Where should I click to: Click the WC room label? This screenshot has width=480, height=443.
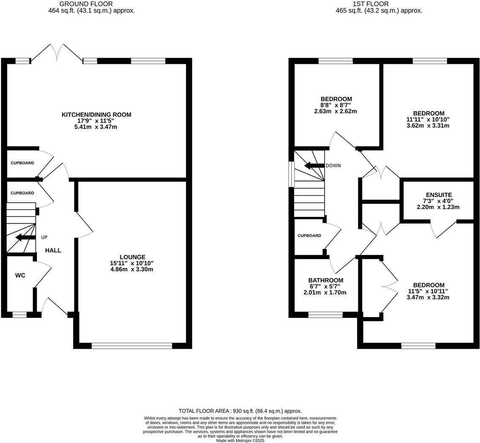coord(20,276)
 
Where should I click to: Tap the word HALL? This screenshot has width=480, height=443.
coord(53,250)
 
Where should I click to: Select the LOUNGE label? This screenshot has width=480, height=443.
coord(132,257)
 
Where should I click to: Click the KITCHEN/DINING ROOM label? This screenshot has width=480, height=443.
coord(96,115)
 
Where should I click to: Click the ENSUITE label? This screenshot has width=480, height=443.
coord(439,195)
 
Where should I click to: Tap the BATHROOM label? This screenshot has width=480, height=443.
coord(325,280)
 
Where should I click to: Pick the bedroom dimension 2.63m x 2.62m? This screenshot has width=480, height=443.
coord(335,111)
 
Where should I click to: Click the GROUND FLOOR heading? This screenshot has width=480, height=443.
coord(92,4)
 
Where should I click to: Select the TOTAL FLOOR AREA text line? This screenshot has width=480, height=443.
coord(240,411)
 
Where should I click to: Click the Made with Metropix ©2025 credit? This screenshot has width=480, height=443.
coord(240,440)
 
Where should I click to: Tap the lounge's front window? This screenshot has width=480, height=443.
coord(132,346)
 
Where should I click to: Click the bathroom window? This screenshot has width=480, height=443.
coord(325,314)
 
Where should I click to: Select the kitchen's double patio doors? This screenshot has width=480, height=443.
coord(57,53)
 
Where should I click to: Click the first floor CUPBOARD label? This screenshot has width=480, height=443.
coord(309,235)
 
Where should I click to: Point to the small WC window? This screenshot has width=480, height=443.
coord(19,314)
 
